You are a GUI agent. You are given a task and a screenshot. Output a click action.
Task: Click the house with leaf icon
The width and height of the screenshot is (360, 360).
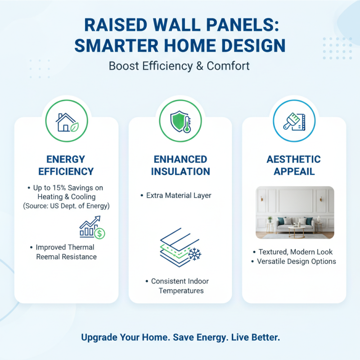pos(66,122)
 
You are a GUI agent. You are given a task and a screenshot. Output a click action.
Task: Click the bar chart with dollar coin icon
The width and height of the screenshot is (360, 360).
pos(92,228)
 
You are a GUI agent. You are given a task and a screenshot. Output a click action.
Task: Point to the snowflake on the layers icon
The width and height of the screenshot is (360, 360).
pos(194,254)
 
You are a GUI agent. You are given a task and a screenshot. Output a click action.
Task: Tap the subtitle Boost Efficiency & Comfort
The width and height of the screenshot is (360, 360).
pos(180,66)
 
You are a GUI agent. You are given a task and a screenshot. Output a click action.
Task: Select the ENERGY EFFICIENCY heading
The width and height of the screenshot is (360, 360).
pos(66,165)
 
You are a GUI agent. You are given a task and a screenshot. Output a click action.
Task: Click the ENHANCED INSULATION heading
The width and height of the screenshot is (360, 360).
pos(180,165)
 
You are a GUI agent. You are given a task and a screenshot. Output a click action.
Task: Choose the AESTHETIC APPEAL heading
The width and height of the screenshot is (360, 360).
pos(294,165)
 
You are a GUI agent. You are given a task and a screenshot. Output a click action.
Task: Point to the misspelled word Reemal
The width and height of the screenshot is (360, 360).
pos(49,257)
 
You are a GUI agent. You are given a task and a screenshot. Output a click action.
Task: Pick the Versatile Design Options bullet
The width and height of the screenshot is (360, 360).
pos(294,261)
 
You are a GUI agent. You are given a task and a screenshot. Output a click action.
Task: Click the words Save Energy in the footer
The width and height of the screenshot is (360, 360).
pos(197,337)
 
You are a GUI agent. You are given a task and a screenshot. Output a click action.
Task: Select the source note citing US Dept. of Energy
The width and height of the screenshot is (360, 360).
pos(66,206)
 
